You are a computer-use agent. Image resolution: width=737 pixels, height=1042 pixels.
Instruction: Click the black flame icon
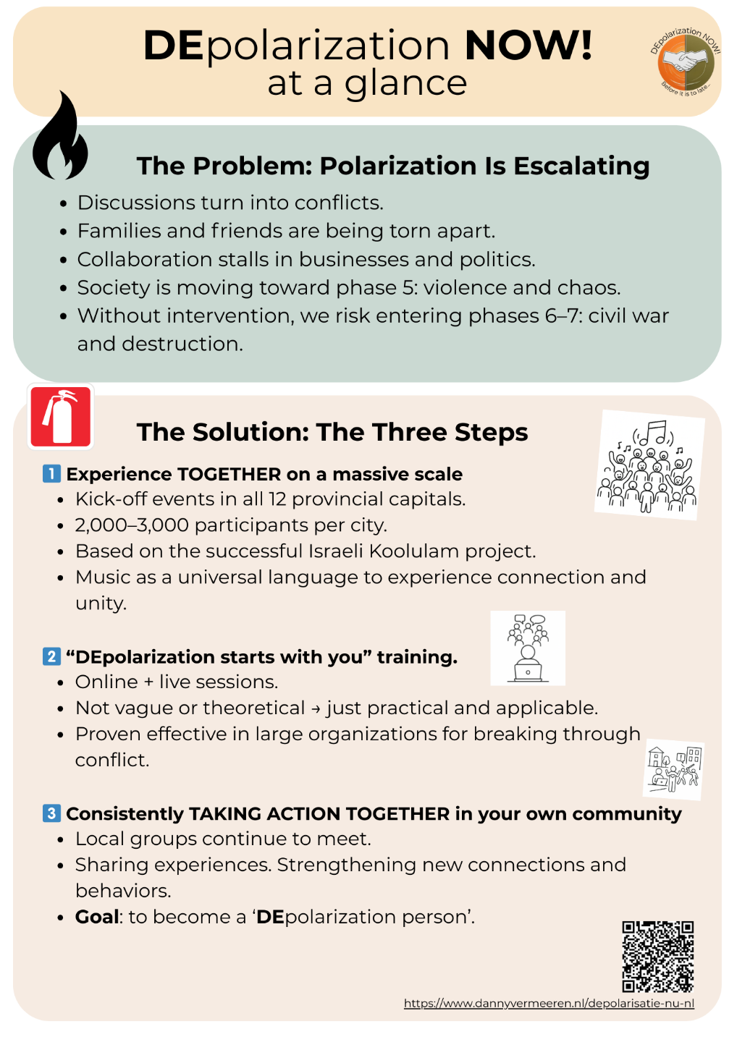pyautogui.click(x=60, y=138)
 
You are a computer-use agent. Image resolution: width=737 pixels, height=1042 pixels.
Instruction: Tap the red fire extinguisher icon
pyautogui.click(x=61, y=417)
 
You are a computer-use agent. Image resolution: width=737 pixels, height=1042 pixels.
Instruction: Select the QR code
pyautogui.click(x=657, y=956)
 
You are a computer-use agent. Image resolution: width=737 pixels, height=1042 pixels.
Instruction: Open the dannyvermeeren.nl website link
pyautogui.click(x=549, y=1003)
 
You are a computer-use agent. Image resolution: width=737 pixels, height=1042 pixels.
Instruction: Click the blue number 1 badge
pyautogui.click(x=51, y=474)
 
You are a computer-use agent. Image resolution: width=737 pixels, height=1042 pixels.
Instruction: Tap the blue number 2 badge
pyautogui.click(x=51, y=656)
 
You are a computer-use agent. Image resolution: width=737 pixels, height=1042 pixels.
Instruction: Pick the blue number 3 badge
pyautogui.click(x=51, y=813)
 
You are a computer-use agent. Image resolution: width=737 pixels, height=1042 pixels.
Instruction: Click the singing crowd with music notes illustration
pyautogui.click(x=649, y=465)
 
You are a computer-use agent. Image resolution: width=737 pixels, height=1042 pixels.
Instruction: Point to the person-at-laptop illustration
pyautogui.click(x=528, y=648)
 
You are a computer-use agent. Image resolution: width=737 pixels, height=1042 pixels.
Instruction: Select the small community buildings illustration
pyautogui.click(x=674, y=769)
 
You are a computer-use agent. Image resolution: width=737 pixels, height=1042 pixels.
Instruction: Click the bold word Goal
pyautogui.click(x=97, y=917)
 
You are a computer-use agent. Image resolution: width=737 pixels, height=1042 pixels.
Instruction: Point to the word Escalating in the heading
pyautogui.click(x=581, y=166)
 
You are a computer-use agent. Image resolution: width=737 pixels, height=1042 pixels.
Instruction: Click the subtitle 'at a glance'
pyautogui.click(x=367, y=83)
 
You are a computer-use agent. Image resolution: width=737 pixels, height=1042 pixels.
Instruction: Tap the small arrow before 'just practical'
pyautogui.click(x=316, y=708)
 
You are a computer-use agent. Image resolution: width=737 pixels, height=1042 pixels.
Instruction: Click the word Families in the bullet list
pyautogui.click(x=119, y=231)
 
